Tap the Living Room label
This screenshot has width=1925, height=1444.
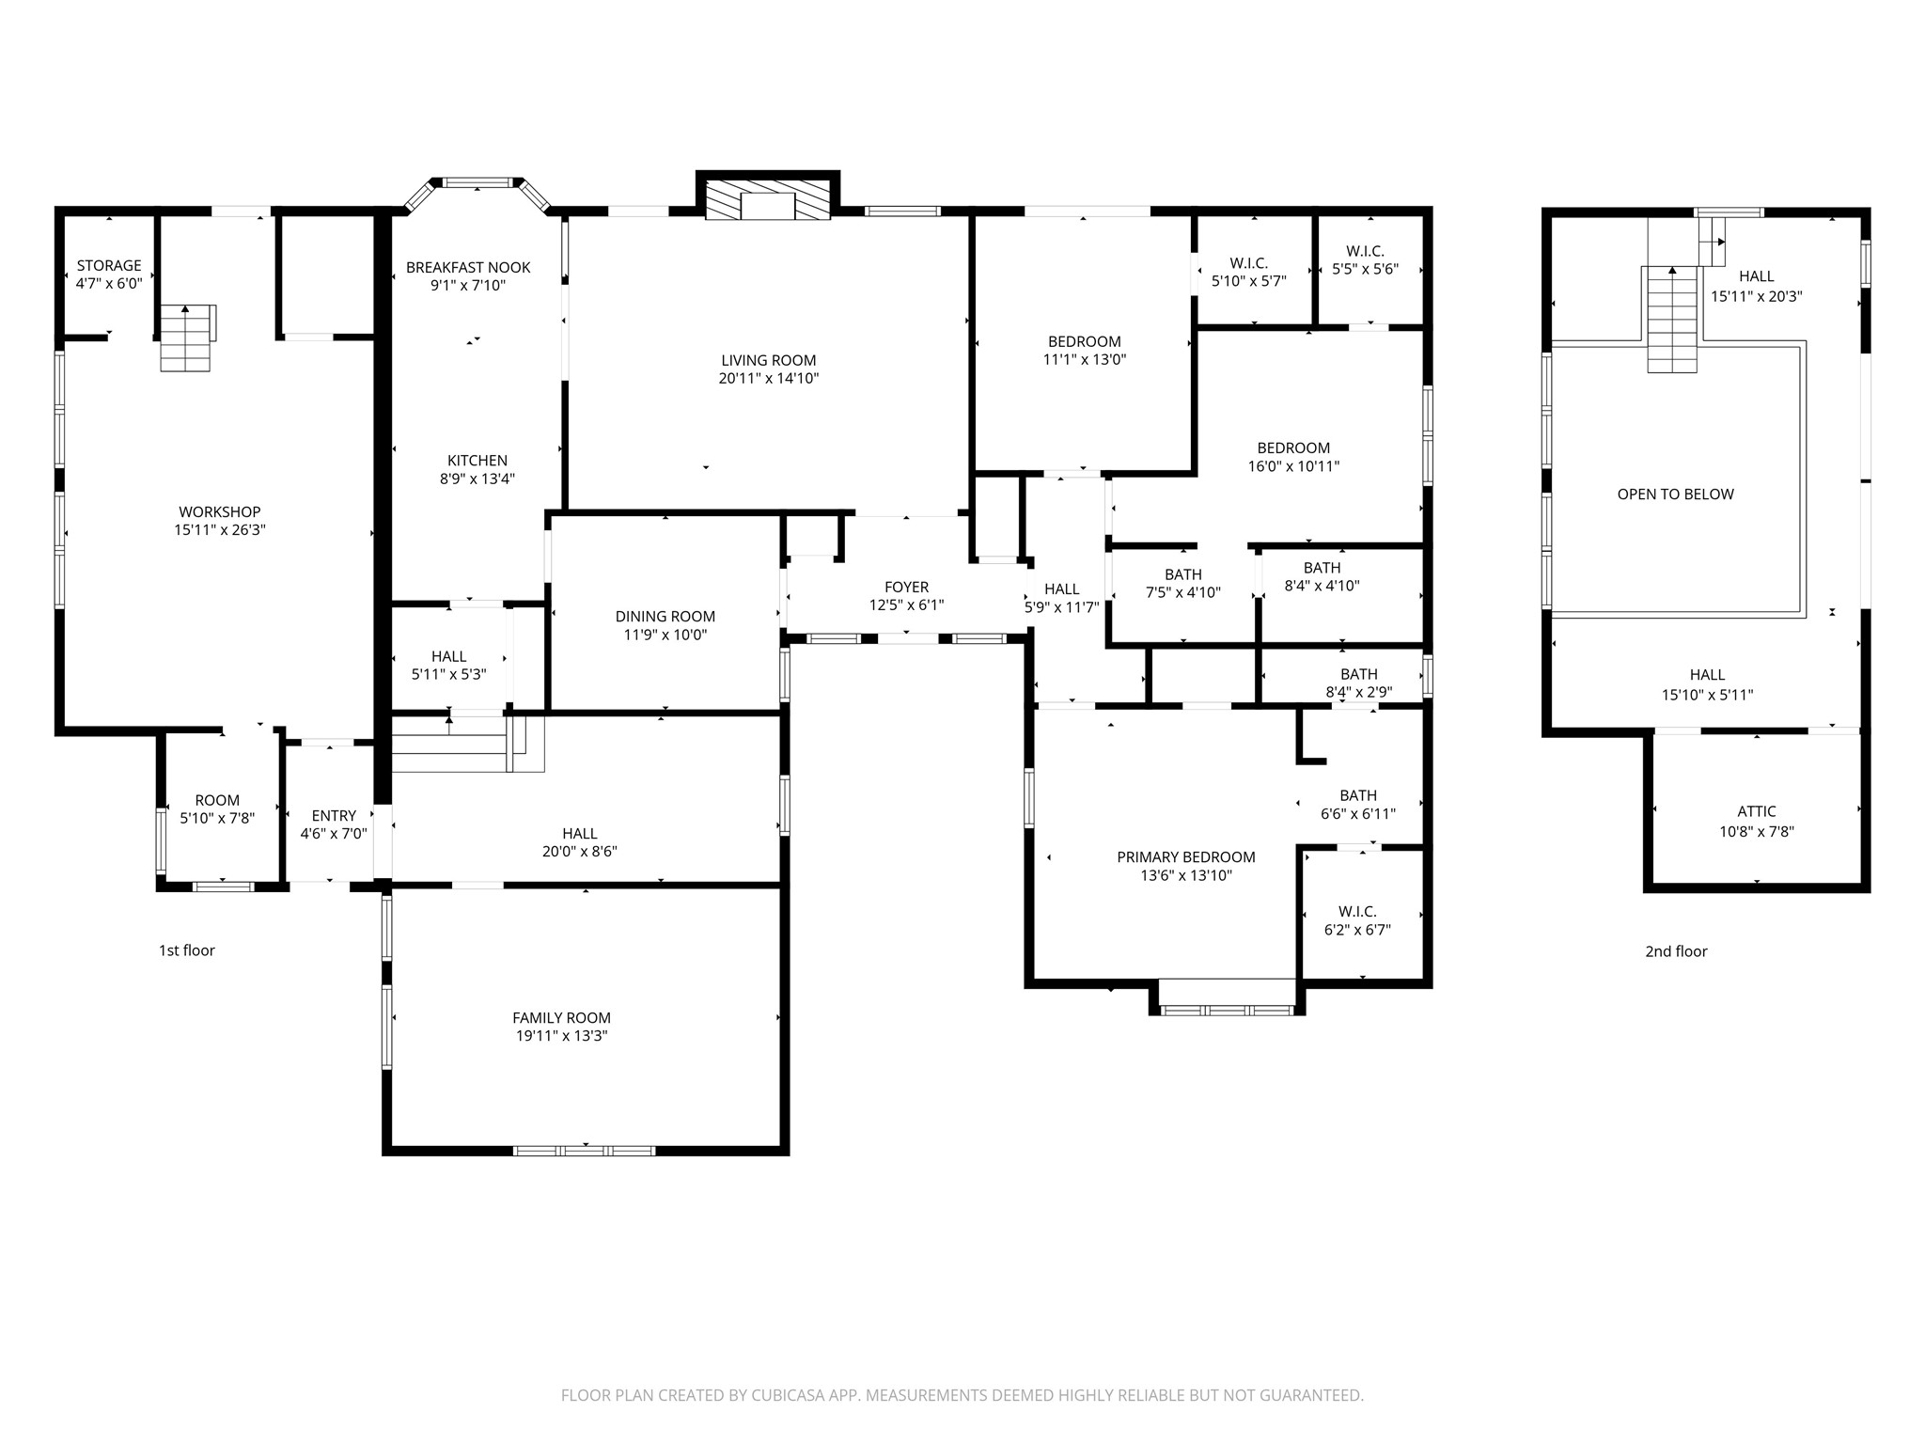769,360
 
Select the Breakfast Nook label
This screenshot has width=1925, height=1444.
468,268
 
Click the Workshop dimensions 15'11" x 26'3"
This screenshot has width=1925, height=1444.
220,530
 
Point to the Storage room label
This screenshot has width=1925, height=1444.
109,266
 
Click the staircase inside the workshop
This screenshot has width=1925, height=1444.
187,337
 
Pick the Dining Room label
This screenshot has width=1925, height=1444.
665,617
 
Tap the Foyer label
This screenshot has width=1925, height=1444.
906,588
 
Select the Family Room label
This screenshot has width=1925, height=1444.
561,1018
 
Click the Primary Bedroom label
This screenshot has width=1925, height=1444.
1186,857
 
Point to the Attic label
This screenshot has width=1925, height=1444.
1757,812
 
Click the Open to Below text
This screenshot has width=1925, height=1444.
1675,494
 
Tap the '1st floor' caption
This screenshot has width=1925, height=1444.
187,950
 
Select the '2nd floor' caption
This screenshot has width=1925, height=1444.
1676,951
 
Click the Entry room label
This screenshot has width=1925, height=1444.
334,816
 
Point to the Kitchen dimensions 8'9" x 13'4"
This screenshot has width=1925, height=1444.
477,479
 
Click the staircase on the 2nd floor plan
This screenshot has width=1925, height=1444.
1673,319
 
